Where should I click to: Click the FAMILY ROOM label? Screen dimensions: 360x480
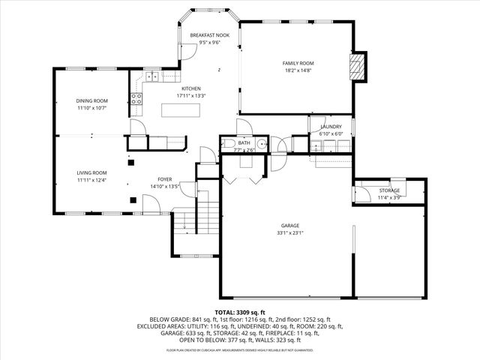tap(298, 63)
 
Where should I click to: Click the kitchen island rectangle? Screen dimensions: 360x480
tap(181, 110)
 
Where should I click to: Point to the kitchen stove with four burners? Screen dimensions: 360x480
tap(137, 97)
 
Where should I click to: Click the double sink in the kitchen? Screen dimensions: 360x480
tap(151, 76)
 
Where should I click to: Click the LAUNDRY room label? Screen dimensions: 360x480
tap(331, 127)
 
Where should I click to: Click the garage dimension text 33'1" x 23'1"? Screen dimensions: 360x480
tap(292, 232)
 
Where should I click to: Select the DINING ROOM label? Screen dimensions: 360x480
tap(91, 100)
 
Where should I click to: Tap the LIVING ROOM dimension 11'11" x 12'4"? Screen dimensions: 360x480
tap(91, 180)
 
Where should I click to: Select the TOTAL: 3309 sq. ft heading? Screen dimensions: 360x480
tap(240, 312)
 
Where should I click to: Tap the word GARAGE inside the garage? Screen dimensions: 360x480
tap(292, 226)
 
